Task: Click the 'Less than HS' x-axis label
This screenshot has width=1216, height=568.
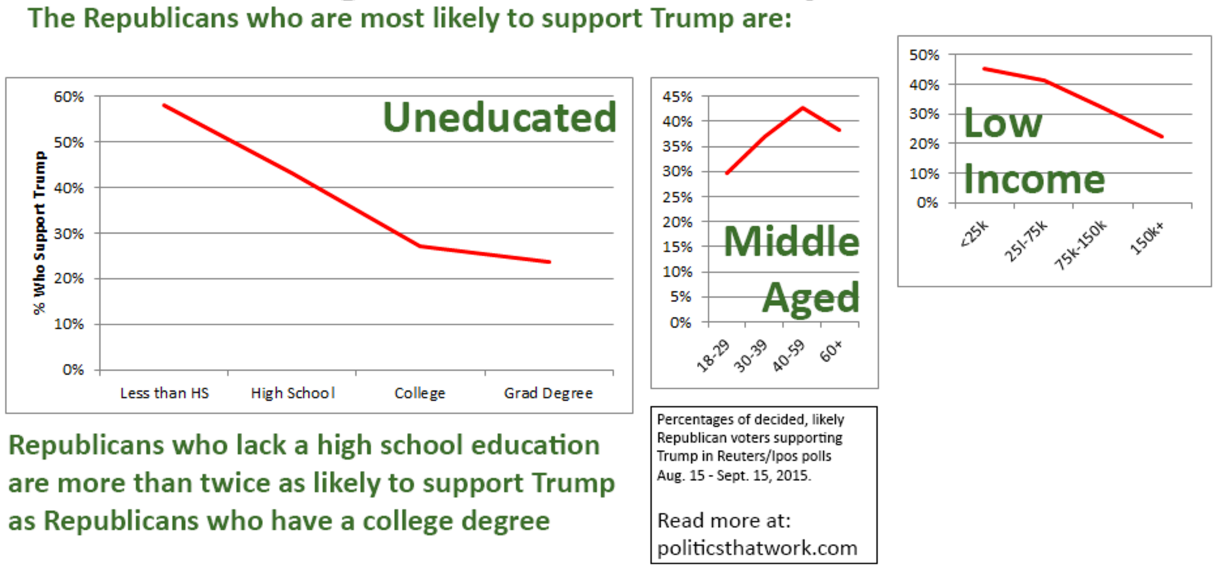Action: (165, 393)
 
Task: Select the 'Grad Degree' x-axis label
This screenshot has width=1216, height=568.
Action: (548, 393)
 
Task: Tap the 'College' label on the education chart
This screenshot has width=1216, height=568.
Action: (420, 393)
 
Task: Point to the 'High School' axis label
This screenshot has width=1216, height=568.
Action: (293, 393)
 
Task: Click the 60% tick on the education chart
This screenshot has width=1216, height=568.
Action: (69, 97)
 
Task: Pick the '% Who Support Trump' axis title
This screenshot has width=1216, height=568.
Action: (40, 232)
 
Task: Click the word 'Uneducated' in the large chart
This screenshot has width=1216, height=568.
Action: (500, 118)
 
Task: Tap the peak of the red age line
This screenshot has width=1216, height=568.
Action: (803, 108)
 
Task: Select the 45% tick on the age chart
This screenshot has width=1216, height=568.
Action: (677, 97)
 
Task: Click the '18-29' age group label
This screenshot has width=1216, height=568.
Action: (712, 355)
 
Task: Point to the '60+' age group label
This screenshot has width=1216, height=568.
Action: (831, 351)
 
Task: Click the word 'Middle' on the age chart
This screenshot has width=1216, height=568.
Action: (792, 242)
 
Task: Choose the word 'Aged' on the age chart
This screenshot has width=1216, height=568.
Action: (810, 298)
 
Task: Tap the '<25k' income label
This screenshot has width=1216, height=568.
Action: (974, 234)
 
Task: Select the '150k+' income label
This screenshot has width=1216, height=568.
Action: (1147, 237)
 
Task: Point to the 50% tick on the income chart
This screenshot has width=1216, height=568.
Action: (924, 55)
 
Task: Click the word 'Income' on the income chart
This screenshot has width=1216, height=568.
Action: (1034, 180)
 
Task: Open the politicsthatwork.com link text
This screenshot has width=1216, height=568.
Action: (757, 548)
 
